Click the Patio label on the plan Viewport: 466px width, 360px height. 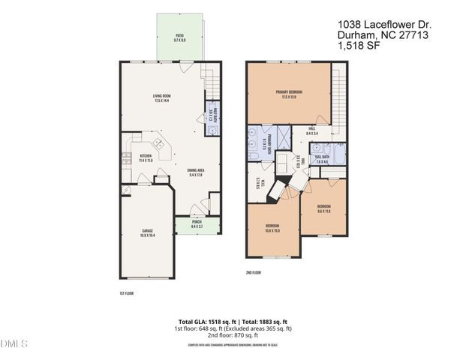coord(179,37)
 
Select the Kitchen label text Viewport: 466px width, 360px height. coord(146,157)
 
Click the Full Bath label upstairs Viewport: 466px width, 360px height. coord(323,160)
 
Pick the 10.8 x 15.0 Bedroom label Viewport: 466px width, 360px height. coord(273,228)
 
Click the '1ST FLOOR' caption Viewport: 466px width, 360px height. coord(127,293)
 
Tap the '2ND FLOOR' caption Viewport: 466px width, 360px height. coord(254,273)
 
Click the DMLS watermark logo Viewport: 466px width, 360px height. coord(14,344)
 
